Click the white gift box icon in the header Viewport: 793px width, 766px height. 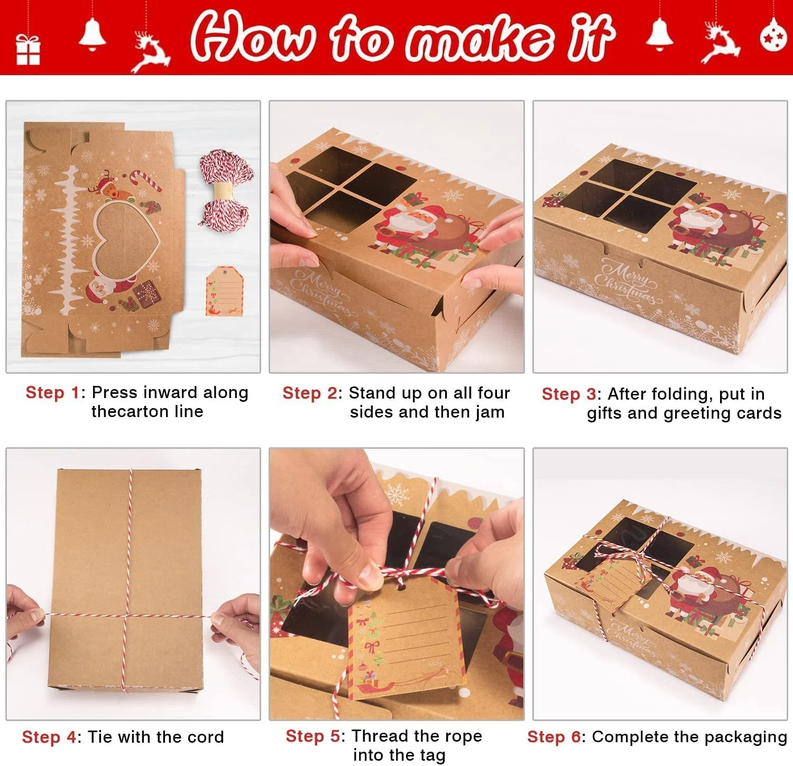coord(28,50)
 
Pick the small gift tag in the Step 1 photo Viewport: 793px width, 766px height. coord(224,291)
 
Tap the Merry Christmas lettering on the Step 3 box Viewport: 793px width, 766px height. coord(627,283)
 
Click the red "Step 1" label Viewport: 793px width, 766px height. coord(52,393)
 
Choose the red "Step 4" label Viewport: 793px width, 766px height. coord(49,737)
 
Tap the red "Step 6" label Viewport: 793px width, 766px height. coord(554,737)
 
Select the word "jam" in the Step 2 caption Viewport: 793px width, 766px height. coord(490,412)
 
